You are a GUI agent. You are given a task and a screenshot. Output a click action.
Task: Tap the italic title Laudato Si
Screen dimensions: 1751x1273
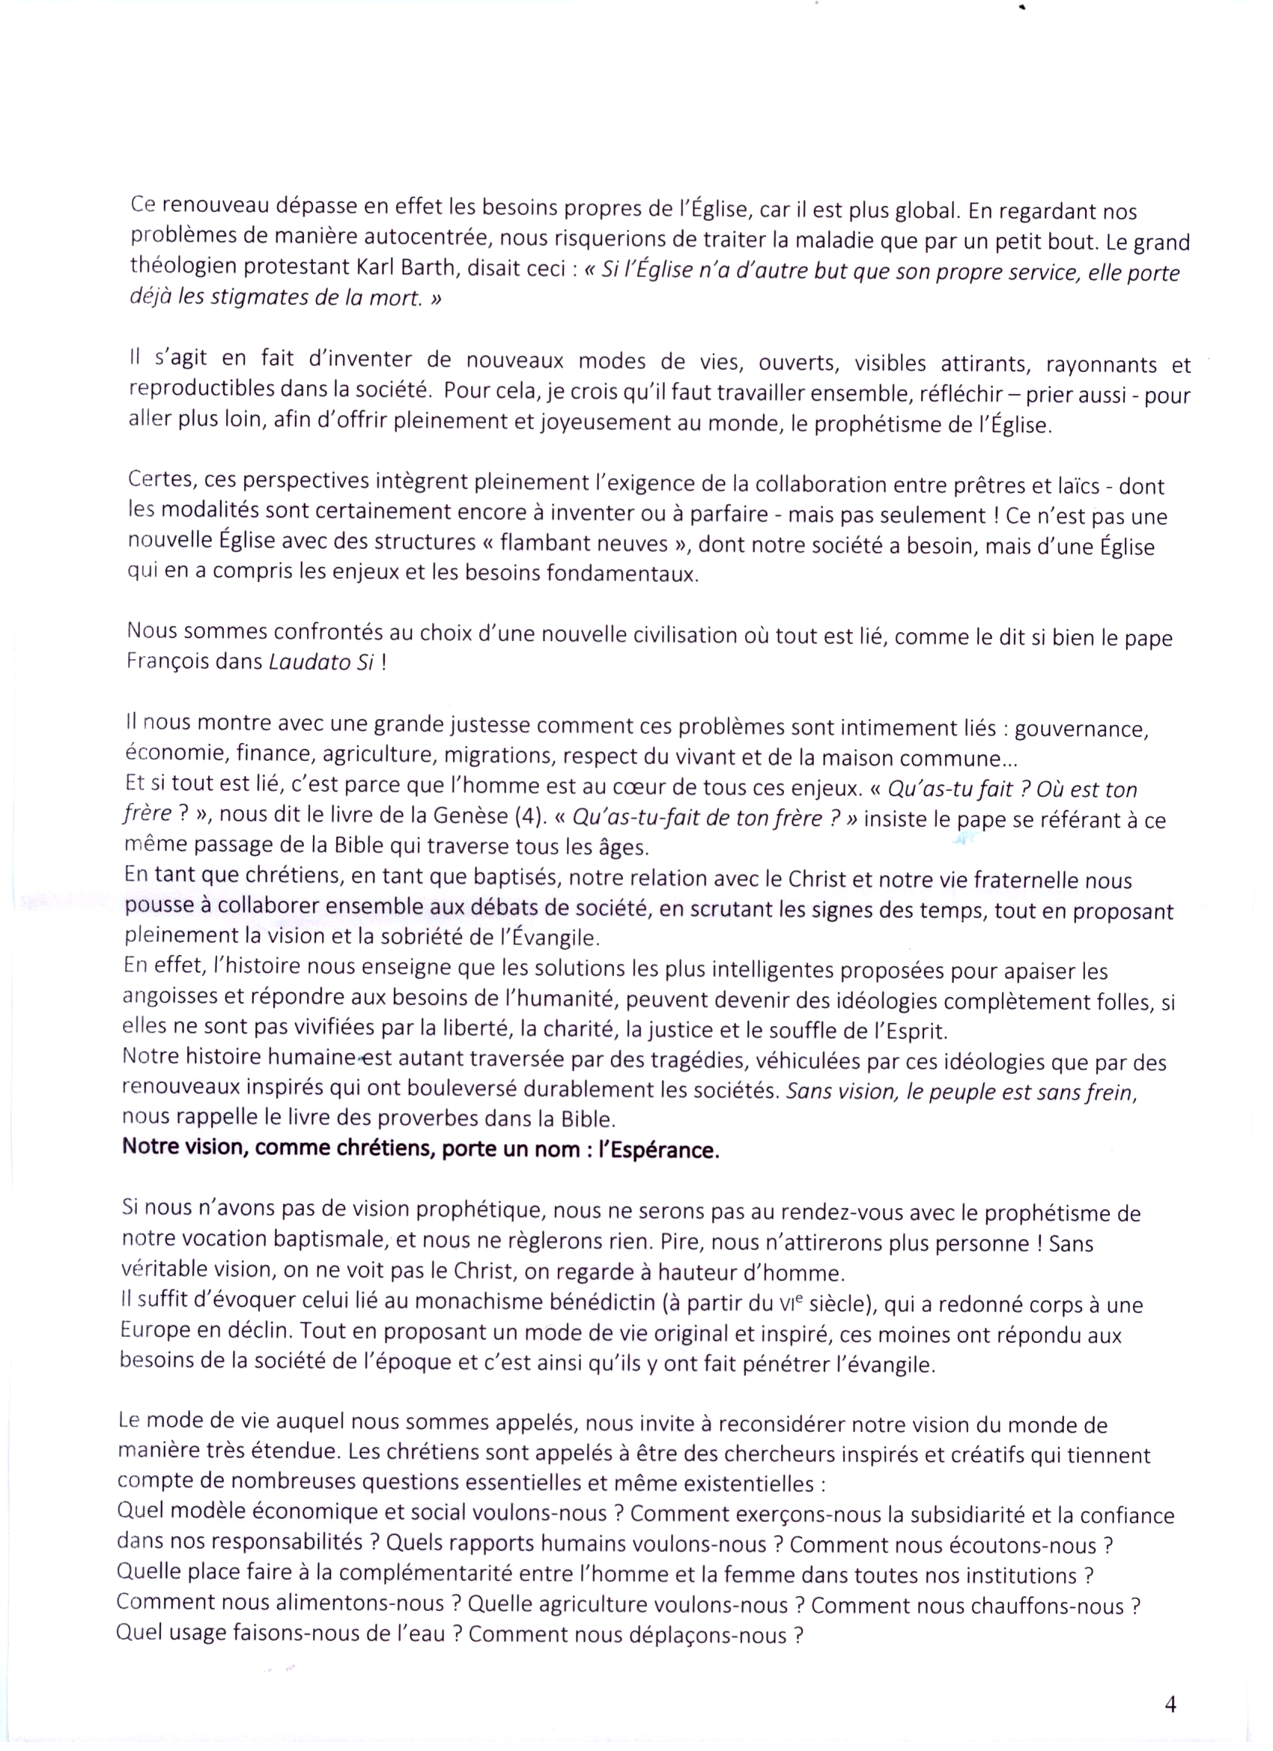pos(321,662)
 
